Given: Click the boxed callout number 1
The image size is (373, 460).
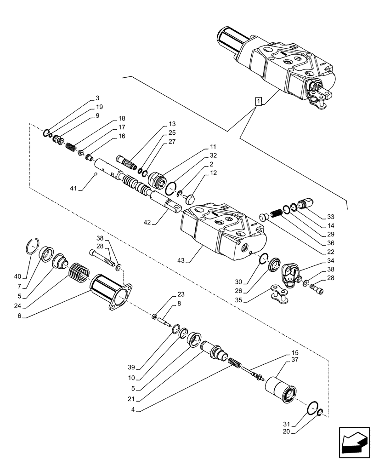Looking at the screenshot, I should pyautogui.click(x=259, y=101).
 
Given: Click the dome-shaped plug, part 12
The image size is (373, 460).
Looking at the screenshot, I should pyautogui.click(x=189, y=197).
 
